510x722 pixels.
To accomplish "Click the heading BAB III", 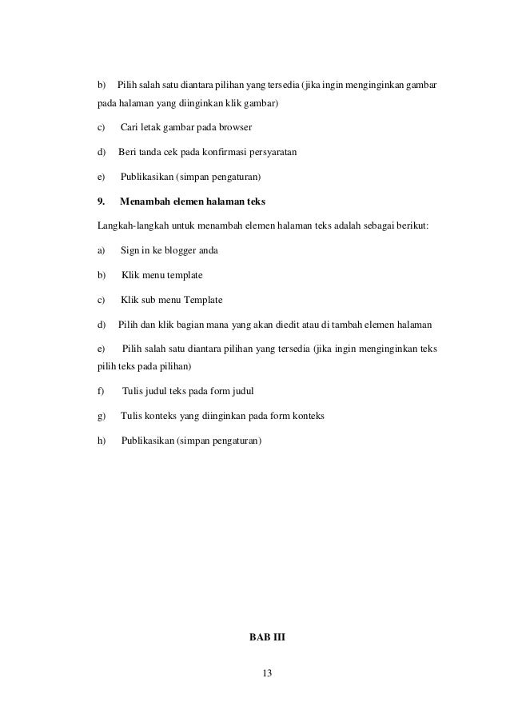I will pyautogui.click(x=267, y=637).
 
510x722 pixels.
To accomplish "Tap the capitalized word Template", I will pyautogui.click(x=204, y=300).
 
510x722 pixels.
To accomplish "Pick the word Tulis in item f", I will pyautogui.click(x=133, y=391).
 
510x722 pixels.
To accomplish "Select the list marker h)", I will pyautogui.click(x=102, y=441).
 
